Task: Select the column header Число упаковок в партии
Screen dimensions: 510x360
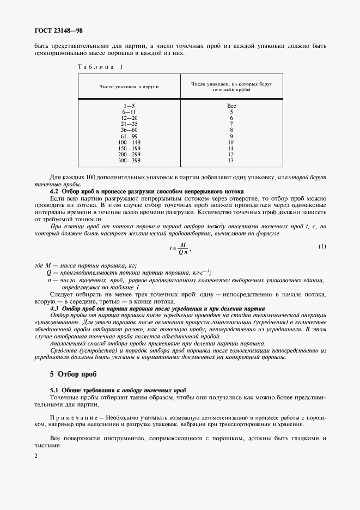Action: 129,87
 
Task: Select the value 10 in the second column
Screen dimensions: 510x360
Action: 231,142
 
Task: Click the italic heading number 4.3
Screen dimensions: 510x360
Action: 55,308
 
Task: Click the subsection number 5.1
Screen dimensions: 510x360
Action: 54,391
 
